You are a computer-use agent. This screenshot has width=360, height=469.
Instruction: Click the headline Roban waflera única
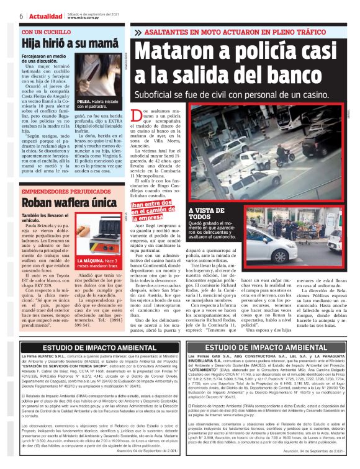(61, 202)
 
